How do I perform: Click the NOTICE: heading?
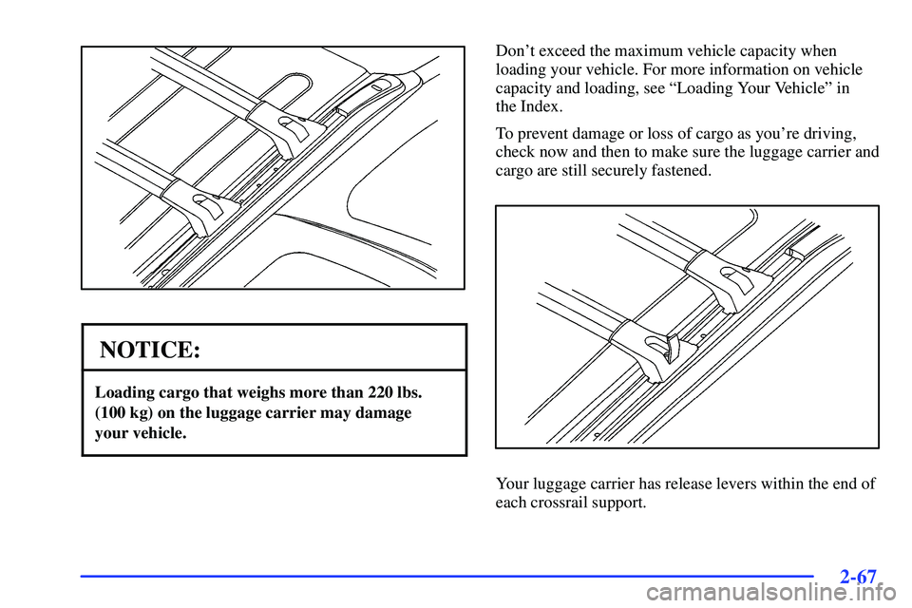click(150, 350)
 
